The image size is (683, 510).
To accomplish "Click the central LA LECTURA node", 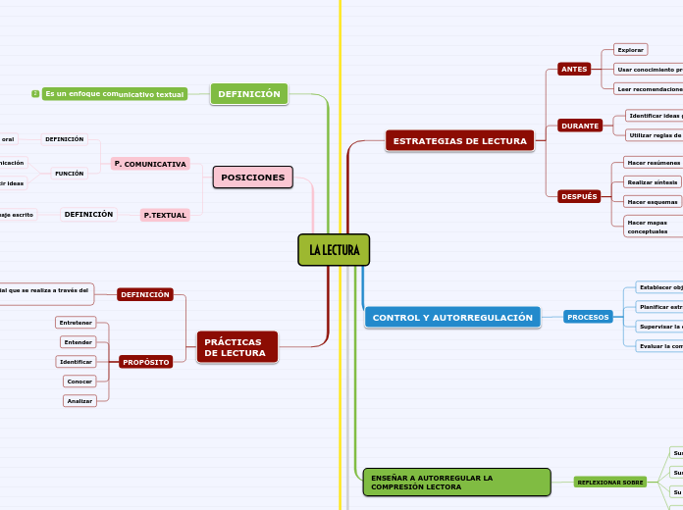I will click(334, 250).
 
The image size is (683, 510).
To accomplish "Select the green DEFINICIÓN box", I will click(249, 94).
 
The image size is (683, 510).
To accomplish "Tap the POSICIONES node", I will click(252, 178).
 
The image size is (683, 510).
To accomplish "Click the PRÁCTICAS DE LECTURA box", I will click(236, 347).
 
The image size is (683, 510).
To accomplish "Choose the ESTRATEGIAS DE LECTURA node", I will click(459, 141).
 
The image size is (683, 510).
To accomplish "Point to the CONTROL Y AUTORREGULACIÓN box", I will click(452, 318).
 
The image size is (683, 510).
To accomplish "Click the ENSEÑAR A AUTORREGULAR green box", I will click(456, 482).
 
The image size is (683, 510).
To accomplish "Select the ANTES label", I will click(573, 69).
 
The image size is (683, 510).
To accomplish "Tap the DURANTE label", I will click(580, 126).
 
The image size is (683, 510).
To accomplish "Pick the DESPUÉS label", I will click(579, 196).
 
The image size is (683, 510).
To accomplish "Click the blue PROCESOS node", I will click(589, 317).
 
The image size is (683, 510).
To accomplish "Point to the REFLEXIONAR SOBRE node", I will click(610, 482).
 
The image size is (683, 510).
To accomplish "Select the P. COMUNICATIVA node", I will click(150, 164).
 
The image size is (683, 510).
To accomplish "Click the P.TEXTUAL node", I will click(165, 215).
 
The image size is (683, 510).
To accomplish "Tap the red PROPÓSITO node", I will click(146, 362).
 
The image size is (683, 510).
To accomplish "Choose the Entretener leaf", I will click(76, 323).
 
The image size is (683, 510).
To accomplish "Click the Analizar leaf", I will click(79, 401).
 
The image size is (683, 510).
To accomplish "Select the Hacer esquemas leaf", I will click(653, 201).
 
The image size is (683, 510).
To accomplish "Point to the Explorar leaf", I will click(630, 49).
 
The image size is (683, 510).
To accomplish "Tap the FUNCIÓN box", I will click(70, 173).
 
